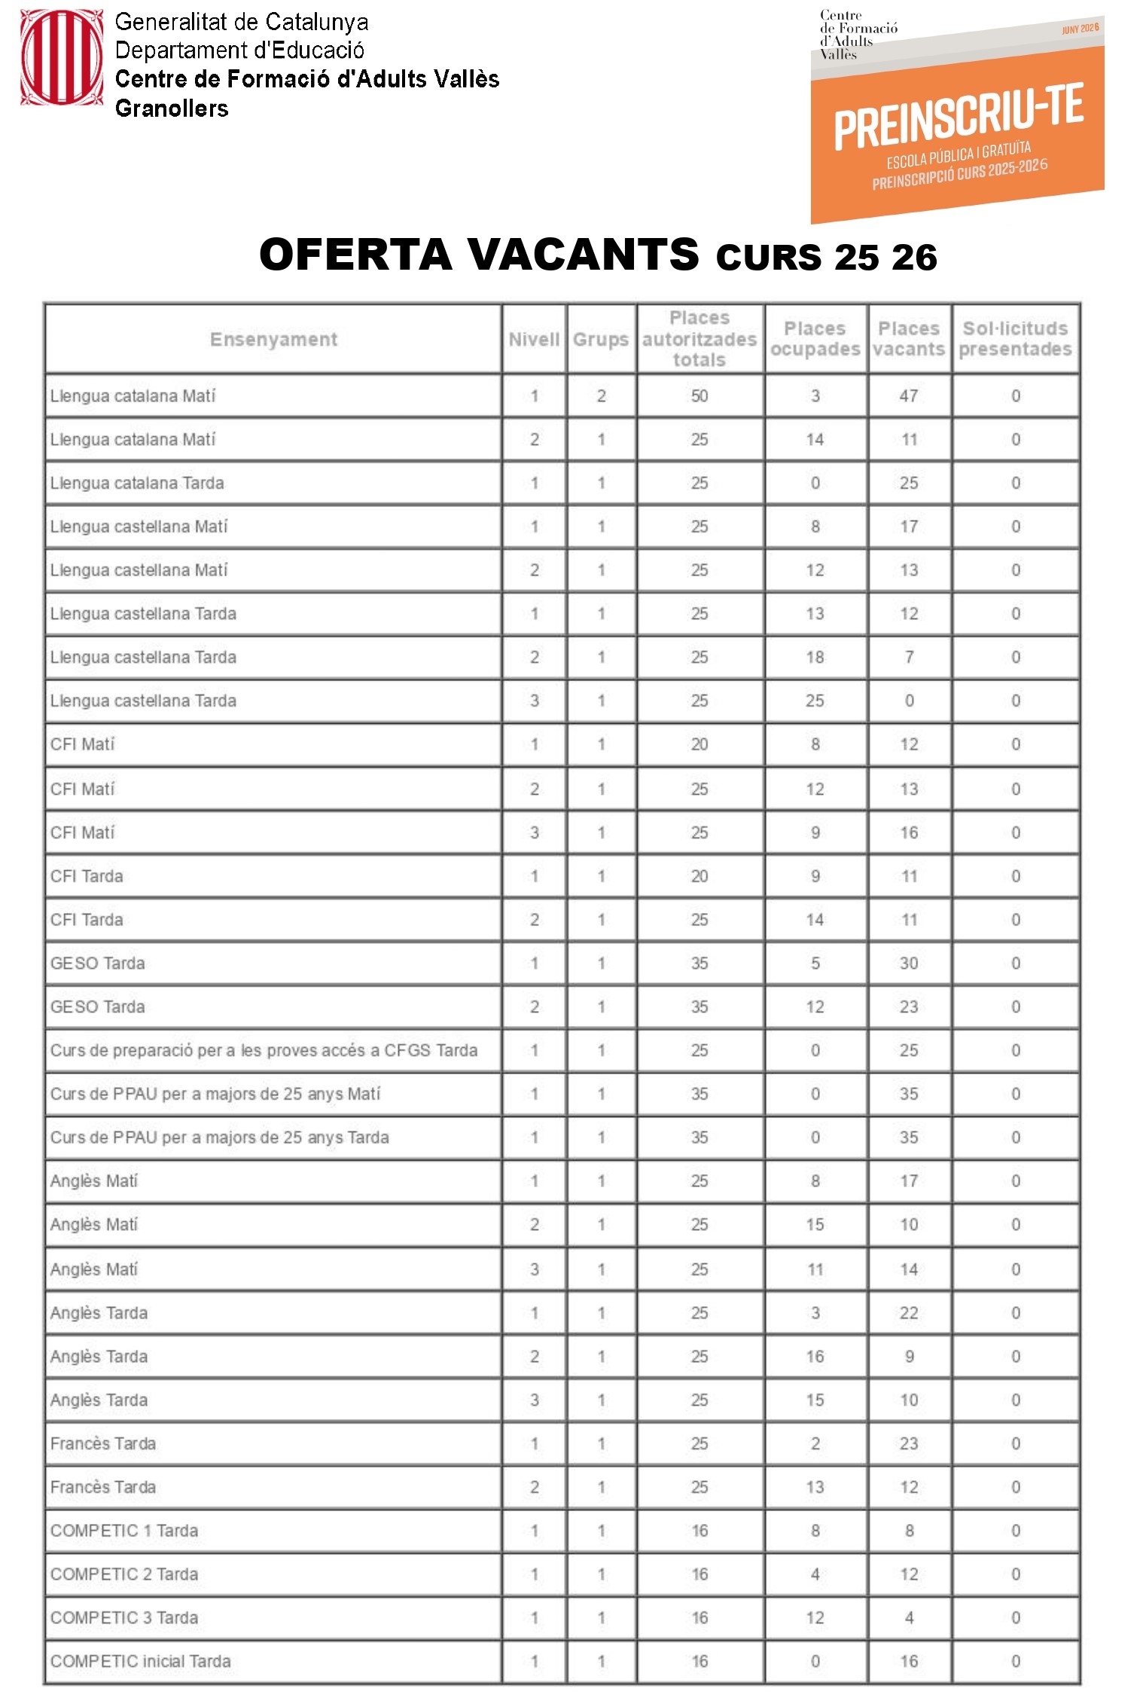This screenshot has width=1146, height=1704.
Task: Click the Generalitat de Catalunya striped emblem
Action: pyautogui.click(x=61, y=57)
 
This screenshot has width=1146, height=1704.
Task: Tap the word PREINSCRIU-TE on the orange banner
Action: pyautogui.click(x=958, y=117)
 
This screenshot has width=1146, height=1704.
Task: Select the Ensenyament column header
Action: pyautogui.click(x=273, y=340)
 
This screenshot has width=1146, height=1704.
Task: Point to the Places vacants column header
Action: pyautogui.click(x=908, y=339)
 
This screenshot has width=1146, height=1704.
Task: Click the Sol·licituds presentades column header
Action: pyautogui.click(x=1014, y=339)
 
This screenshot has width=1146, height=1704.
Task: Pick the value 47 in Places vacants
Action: pyautogui.click(x=908, y=396)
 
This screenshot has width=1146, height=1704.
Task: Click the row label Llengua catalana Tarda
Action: pyautogui.click(x=137, y=483)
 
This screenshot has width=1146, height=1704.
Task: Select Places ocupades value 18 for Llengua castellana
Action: pyautogui.click(x=815, y=658)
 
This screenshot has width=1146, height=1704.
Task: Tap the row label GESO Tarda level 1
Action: pyautogui.click(x=98, y=963)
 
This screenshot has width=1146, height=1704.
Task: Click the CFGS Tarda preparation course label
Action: pyautogui.click(x=264, y=1051)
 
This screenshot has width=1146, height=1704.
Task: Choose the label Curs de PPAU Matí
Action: pyautogui.click(x=215, y=1095)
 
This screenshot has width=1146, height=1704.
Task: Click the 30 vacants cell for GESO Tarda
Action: pyautogui.click(x=908, y=963)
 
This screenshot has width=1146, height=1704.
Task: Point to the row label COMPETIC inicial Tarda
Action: pyautogui.click(x=141, y=1662)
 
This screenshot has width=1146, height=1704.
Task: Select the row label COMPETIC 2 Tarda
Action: pyautogui.click(x=124, y=1574)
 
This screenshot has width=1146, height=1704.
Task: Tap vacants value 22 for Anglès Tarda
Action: pyautogui.click(x=908, y=1313)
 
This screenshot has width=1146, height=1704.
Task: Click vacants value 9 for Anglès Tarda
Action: pyautogui.click(x=908, y=1357)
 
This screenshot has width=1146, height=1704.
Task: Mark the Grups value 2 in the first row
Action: pyautogui.click(x=601, y=396)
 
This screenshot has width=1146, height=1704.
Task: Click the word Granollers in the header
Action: pyautogui.click(x=172, y=108)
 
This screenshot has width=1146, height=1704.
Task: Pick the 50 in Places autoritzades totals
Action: pyautogui.click(x=699, y=396)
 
